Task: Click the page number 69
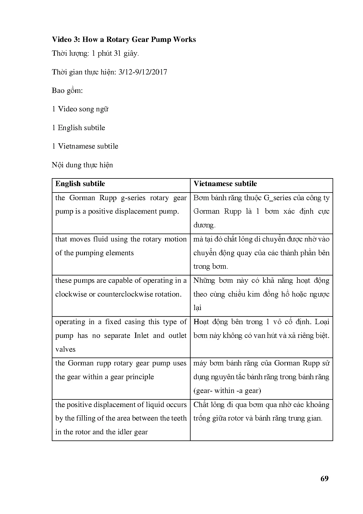click(324, 479)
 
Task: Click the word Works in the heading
click(184, 40)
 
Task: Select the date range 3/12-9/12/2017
click(143, 72)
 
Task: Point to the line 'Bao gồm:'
click(67, 91)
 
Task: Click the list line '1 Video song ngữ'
click(80, 109)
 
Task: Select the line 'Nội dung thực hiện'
click(82, 165)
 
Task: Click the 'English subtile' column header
click(80, 184)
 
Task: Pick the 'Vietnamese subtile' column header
click(225, 184)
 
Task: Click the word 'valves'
click(65, 349)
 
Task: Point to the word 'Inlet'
click(141, 336)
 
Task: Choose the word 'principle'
click(140, 377)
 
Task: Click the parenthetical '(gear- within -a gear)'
click(227, 391)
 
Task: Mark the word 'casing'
click(134, 322)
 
